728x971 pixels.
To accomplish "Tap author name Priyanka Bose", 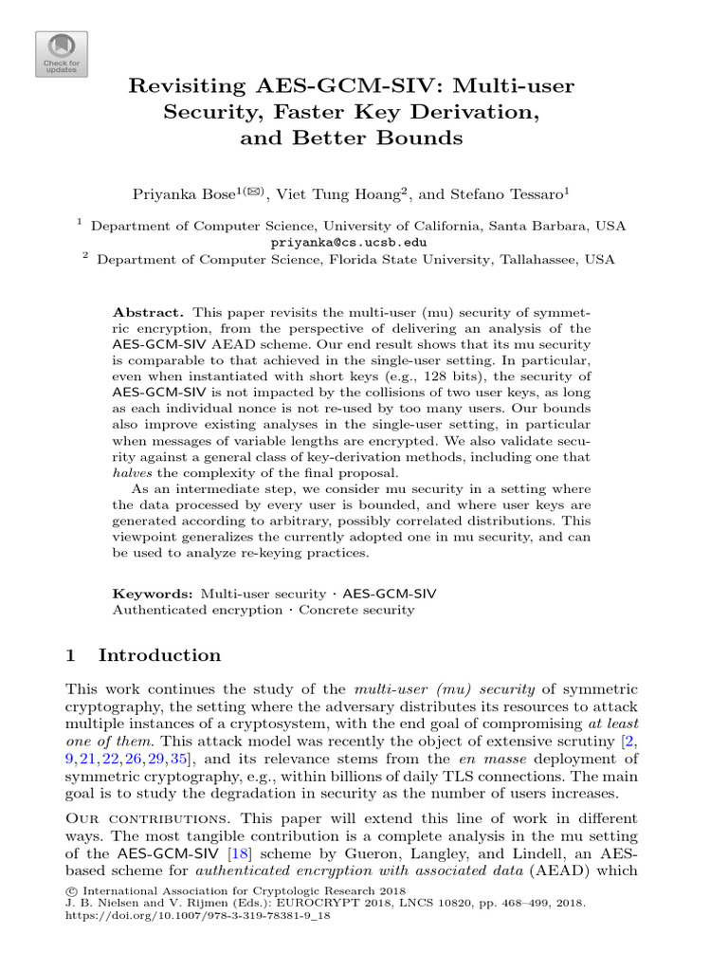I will tap(187, 193).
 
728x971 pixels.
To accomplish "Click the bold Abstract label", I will tap(147, 312).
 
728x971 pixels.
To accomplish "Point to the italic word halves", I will tap(131, 472).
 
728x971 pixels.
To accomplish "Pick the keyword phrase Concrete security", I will tap(356, 610).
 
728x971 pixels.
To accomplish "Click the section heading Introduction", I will tap(159, 655).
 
